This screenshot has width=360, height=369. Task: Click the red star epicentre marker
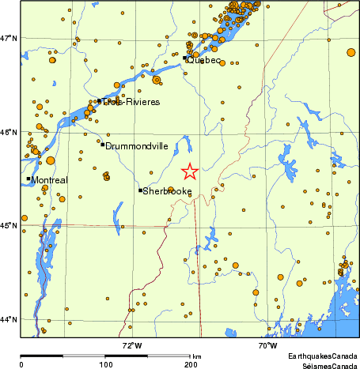tap(189, 171)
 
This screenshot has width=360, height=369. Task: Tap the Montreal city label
tap(49, 180)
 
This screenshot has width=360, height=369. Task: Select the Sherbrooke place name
tap(168, 191)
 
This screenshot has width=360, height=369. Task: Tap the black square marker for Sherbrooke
tap(140, 190)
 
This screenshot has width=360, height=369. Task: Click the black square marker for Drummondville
tap(103, 144)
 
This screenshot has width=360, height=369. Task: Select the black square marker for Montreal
tap(28, 179)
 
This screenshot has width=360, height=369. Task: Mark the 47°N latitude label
tap(9, 38)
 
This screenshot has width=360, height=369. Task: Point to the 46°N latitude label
tap(9, 132)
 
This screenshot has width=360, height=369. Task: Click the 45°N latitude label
tap(9, 226)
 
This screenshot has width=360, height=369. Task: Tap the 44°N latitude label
tap(9, 319)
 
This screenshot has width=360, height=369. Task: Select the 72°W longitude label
tap(132, 345)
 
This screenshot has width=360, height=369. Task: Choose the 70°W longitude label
tap(267, 345)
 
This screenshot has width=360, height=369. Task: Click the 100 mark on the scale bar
tap(106, 365)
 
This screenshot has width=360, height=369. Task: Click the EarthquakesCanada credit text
tap(323, 357)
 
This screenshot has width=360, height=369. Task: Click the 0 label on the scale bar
tap(21, 365)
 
